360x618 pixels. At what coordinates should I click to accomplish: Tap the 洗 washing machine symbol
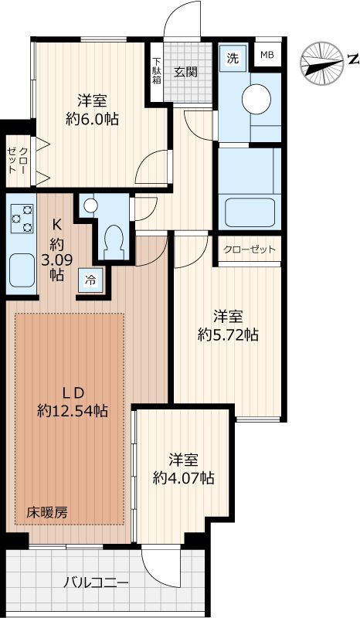pyautogui.click(x=231, y=58)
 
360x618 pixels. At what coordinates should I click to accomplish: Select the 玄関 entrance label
pyautogui.click(x=185, y=72)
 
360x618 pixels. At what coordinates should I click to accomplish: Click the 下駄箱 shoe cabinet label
pyautogui.click(x=156, y=72)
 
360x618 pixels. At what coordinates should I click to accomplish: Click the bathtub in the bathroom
pyautogui.click(x=249, y=210)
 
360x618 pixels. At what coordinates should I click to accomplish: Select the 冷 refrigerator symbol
pyautogui.click(x=90, y=280)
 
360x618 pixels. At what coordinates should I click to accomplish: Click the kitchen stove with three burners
pyautogui.click(x=22, y=219)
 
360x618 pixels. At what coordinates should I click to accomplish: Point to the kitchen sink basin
pyautogui.click(x=22, y=272)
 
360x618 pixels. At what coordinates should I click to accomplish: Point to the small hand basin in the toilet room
pyautogui.click(x=90, y=206)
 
